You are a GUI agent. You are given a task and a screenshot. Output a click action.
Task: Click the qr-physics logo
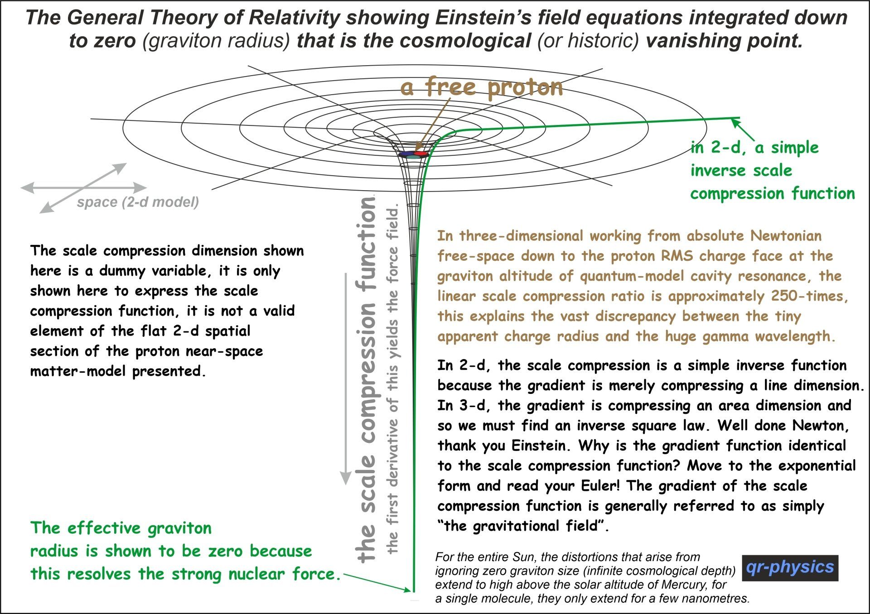(790, 568)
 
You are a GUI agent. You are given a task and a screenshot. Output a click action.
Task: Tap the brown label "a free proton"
(482, 87)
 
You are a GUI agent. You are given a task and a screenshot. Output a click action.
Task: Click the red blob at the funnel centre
(421, 154)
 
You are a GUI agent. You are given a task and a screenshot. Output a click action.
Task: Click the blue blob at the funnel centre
(407, 154)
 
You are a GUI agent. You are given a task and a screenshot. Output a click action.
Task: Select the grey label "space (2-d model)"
(138, 202)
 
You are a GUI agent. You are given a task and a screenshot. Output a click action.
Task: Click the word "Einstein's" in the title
(483, 18)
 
